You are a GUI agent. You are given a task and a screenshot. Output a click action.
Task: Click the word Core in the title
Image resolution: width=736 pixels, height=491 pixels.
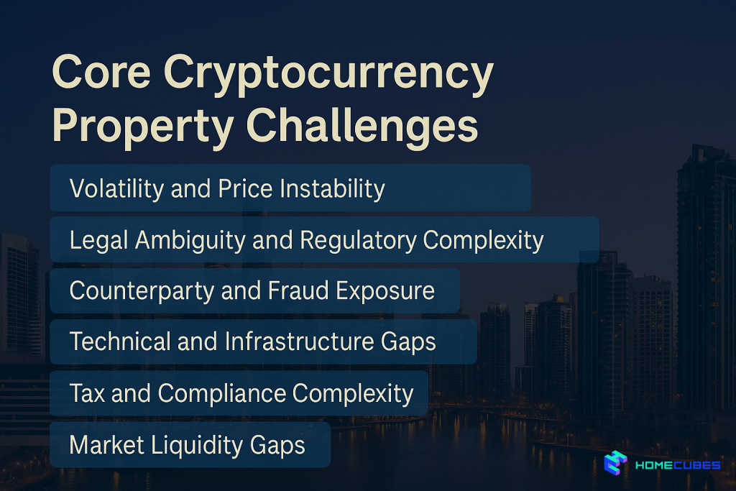click(101, 71)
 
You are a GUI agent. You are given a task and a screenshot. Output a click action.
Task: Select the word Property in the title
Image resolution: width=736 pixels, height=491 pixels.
click(143, 127)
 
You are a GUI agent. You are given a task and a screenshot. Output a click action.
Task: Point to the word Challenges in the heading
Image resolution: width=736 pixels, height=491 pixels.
click(362, 125)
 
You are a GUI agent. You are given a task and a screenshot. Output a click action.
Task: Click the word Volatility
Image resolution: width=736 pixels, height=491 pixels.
click(116, 188)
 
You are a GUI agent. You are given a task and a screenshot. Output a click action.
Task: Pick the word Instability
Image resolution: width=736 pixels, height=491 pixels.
click(332, 189)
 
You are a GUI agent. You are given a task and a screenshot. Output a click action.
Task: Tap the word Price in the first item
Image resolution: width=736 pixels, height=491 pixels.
click(246, 188)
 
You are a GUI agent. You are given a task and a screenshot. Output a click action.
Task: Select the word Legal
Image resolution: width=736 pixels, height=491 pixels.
click(98, 241)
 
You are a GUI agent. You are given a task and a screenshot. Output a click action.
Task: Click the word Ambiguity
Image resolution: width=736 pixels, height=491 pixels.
click(190, 241)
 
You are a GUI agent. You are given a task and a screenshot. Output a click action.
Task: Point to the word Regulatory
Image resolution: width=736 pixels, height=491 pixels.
click(358, 241)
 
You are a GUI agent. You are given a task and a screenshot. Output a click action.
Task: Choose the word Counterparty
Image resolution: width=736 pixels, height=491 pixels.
click(142, 291)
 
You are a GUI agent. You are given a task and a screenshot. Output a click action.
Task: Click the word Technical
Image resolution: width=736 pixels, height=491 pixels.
click(120, 341)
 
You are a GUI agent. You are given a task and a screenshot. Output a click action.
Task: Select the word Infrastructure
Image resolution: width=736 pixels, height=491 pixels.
click(300, 341)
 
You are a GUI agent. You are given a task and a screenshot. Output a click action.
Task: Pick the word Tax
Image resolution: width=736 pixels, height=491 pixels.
click(87, 393)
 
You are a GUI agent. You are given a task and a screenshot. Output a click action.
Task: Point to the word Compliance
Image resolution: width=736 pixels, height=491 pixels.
click(222, 393)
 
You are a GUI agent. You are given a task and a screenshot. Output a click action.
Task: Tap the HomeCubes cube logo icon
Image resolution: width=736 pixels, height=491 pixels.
click(615, 463)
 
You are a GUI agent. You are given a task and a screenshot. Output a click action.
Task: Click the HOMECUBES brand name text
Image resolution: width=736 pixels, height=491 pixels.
click(678, 465)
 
